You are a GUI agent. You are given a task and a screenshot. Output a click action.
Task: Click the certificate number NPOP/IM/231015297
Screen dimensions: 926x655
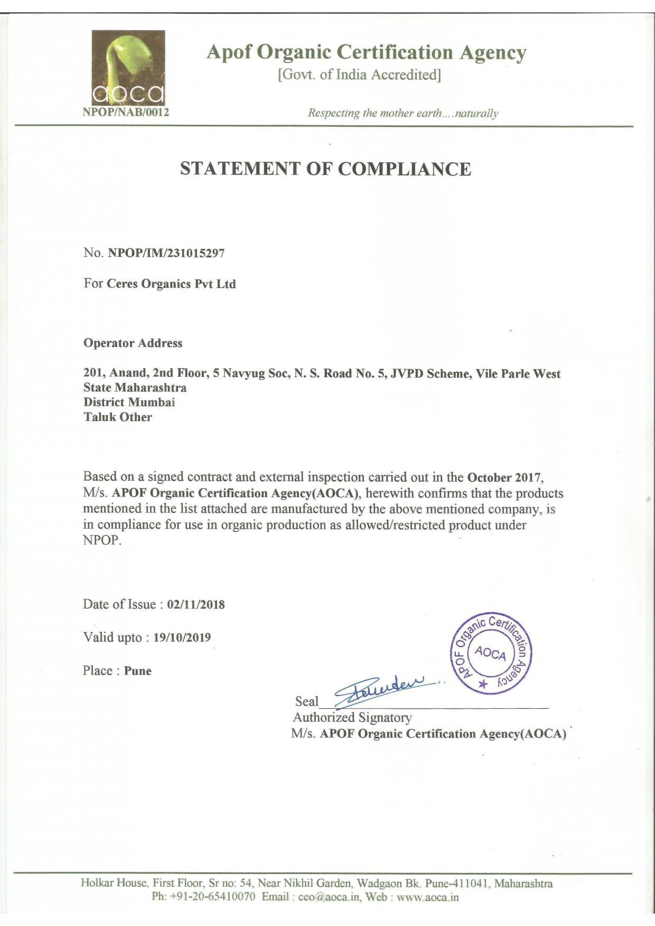(x=166, y=253)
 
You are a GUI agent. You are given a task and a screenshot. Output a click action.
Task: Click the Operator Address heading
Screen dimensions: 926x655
(x=133, y=343)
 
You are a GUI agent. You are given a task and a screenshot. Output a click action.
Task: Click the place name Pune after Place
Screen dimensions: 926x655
(x=138, y=671)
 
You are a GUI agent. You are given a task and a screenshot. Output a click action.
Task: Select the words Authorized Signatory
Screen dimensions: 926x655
(x=352, y=717)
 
